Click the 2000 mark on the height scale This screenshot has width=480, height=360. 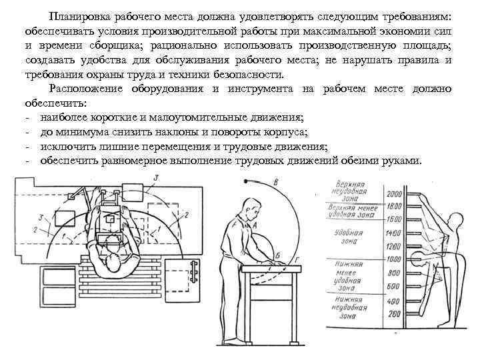pos(395,194)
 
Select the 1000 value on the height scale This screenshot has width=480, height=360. pos(394,259)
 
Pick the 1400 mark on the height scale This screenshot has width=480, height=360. pos(395,233)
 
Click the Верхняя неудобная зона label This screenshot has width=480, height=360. pos(353,190)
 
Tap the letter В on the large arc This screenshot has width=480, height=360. pos(275,181)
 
